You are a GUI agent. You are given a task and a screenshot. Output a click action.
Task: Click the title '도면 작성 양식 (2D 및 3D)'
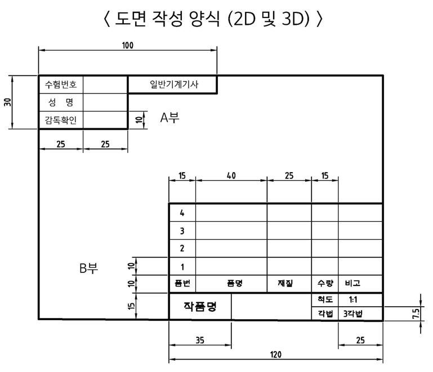(x=216, y=19)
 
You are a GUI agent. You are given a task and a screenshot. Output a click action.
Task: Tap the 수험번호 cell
(x=61, y=85)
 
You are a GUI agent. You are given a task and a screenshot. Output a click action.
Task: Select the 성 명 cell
(x=61, y=102)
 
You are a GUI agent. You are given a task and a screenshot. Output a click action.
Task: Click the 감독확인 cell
(x=61, y=120)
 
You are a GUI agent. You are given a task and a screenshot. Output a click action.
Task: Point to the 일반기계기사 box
(x=172, y=84)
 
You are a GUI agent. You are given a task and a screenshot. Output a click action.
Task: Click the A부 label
(x=169, y=118)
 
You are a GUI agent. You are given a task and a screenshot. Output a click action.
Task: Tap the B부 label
(x=88, y=268)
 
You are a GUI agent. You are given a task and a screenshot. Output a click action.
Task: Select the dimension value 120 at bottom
(x=275, y=355)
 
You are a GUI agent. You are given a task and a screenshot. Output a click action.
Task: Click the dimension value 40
(x=231, y=176)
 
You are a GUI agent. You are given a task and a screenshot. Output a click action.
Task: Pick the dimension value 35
(x=200, y=339)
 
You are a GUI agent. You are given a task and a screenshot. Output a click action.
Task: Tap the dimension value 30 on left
(x=7, y=102)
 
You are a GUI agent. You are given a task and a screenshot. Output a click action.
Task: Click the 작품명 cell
(x=200, y=307)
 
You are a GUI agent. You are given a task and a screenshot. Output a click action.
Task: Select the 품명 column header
(x=231, y=284)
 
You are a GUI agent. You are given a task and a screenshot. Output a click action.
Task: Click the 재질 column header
(x=289, y=284)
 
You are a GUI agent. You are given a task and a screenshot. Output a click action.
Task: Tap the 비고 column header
(x=360, y=284)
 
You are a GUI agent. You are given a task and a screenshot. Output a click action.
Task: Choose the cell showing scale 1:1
(x=360, y=299)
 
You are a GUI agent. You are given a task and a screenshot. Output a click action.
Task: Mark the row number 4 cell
(x=182, y=213)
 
